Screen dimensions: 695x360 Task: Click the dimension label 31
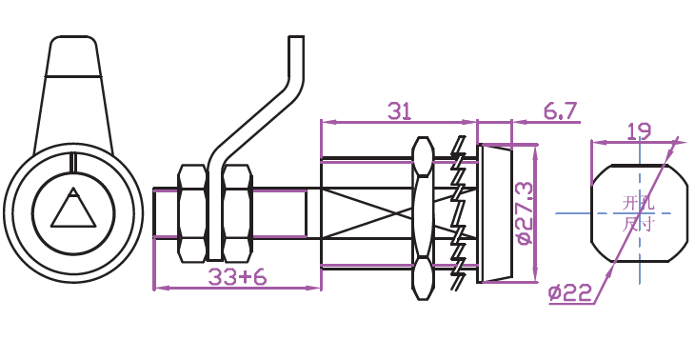coord(399,111)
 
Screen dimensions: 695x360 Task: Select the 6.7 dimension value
coord(561,110)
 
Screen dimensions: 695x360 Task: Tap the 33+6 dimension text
coord(238,277)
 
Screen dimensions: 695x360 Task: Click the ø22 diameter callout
coord(570,293)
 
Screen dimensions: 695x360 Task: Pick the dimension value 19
coord(640,131)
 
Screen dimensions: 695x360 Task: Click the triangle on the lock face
coord(73,208)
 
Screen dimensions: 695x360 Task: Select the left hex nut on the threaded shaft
coord(192,213)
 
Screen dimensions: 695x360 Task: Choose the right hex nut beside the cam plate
coord(238,213)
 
